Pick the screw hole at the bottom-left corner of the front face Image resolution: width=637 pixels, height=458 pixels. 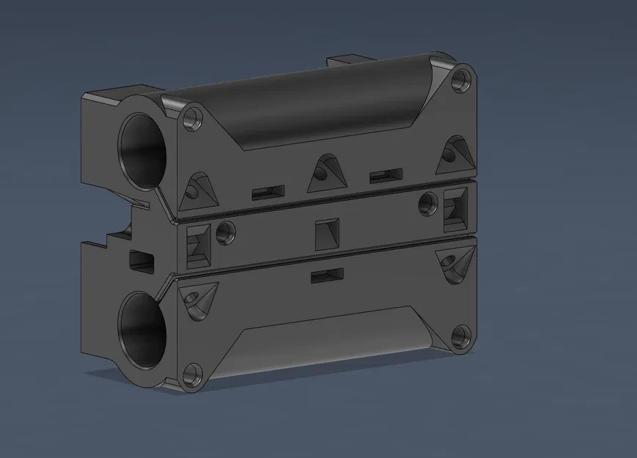[x=193, y=375]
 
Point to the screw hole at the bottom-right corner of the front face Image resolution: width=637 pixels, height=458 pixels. [x=460, y=337]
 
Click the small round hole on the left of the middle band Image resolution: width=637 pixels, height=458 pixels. [x=227, y=232]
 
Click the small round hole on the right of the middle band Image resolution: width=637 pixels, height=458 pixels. [x=426, y=203]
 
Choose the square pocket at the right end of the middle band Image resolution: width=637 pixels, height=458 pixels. [x=456, y=206]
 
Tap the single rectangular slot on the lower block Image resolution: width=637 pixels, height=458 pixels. [x=327, y=276]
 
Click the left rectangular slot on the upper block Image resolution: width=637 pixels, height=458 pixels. [x=268, y=193]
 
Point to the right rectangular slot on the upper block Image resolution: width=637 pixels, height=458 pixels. [x=386, y=175]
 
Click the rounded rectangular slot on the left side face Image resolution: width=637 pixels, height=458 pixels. [x=141, y=259]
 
